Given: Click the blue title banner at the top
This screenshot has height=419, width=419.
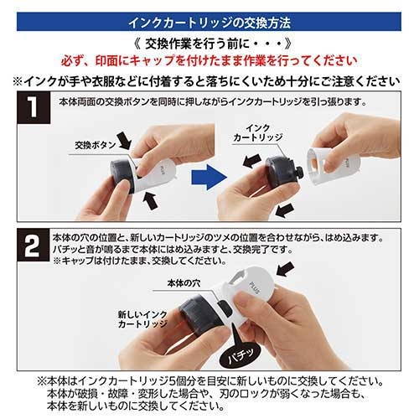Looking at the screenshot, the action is coord(209,22).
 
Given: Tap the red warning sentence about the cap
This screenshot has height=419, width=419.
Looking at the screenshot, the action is coord(209,60).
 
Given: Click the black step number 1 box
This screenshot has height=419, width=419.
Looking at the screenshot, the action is coord(34,107).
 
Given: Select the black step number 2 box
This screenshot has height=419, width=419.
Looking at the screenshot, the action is coord(33,246).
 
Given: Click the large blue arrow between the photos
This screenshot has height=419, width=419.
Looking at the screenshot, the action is coord(209,177).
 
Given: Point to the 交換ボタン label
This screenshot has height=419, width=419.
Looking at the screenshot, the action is coord(96,145).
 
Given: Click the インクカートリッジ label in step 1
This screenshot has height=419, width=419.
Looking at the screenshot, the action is coord(258,133).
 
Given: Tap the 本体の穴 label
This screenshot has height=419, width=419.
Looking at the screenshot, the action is coord(184,283).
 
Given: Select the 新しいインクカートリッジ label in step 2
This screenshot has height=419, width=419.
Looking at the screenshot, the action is coord(142,319).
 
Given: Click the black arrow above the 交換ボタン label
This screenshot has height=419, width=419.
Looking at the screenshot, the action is coord(124,141).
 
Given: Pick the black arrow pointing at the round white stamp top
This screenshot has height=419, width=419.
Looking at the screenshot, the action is coord(285,269).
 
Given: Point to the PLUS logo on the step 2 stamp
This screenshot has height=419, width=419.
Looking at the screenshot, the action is coord(255,287).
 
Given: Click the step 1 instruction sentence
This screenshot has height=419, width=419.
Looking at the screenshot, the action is coord(213,102).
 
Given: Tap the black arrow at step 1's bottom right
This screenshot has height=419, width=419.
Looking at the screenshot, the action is coord(285,210).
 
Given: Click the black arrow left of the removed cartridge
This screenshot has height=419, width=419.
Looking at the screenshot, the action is coord(252,161).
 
